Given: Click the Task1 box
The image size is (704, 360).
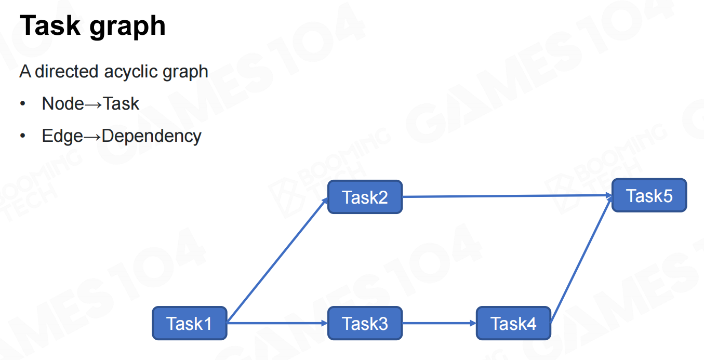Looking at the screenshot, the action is pos(190,323).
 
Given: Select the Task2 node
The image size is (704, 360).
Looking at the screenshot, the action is pos(365,197).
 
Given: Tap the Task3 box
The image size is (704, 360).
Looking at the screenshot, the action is pos(365,323).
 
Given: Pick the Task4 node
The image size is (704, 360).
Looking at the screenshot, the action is pos(513,323).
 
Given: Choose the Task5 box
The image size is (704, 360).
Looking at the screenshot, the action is pos(649,195).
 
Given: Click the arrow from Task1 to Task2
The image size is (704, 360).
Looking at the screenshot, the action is pos(277,260).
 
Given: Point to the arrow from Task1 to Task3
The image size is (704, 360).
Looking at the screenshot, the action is pos(277,323).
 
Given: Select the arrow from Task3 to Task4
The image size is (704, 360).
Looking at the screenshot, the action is pos(440,323).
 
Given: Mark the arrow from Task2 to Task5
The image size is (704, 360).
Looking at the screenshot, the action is pos(507,196).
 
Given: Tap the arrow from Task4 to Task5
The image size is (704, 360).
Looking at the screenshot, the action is pos(581,259).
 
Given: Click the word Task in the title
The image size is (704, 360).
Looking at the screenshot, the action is pos(50,26).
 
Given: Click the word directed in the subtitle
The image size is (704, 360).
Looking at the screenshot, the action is pos(67,71).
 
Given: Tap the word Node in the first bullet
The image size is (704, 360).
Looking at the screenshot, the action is pos(63,103).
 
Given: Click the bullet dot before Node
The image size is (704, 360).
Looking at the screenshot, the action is pos(23,104).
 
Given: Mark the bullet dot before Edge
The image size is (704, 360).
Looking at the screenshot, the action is pos(23,136).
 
